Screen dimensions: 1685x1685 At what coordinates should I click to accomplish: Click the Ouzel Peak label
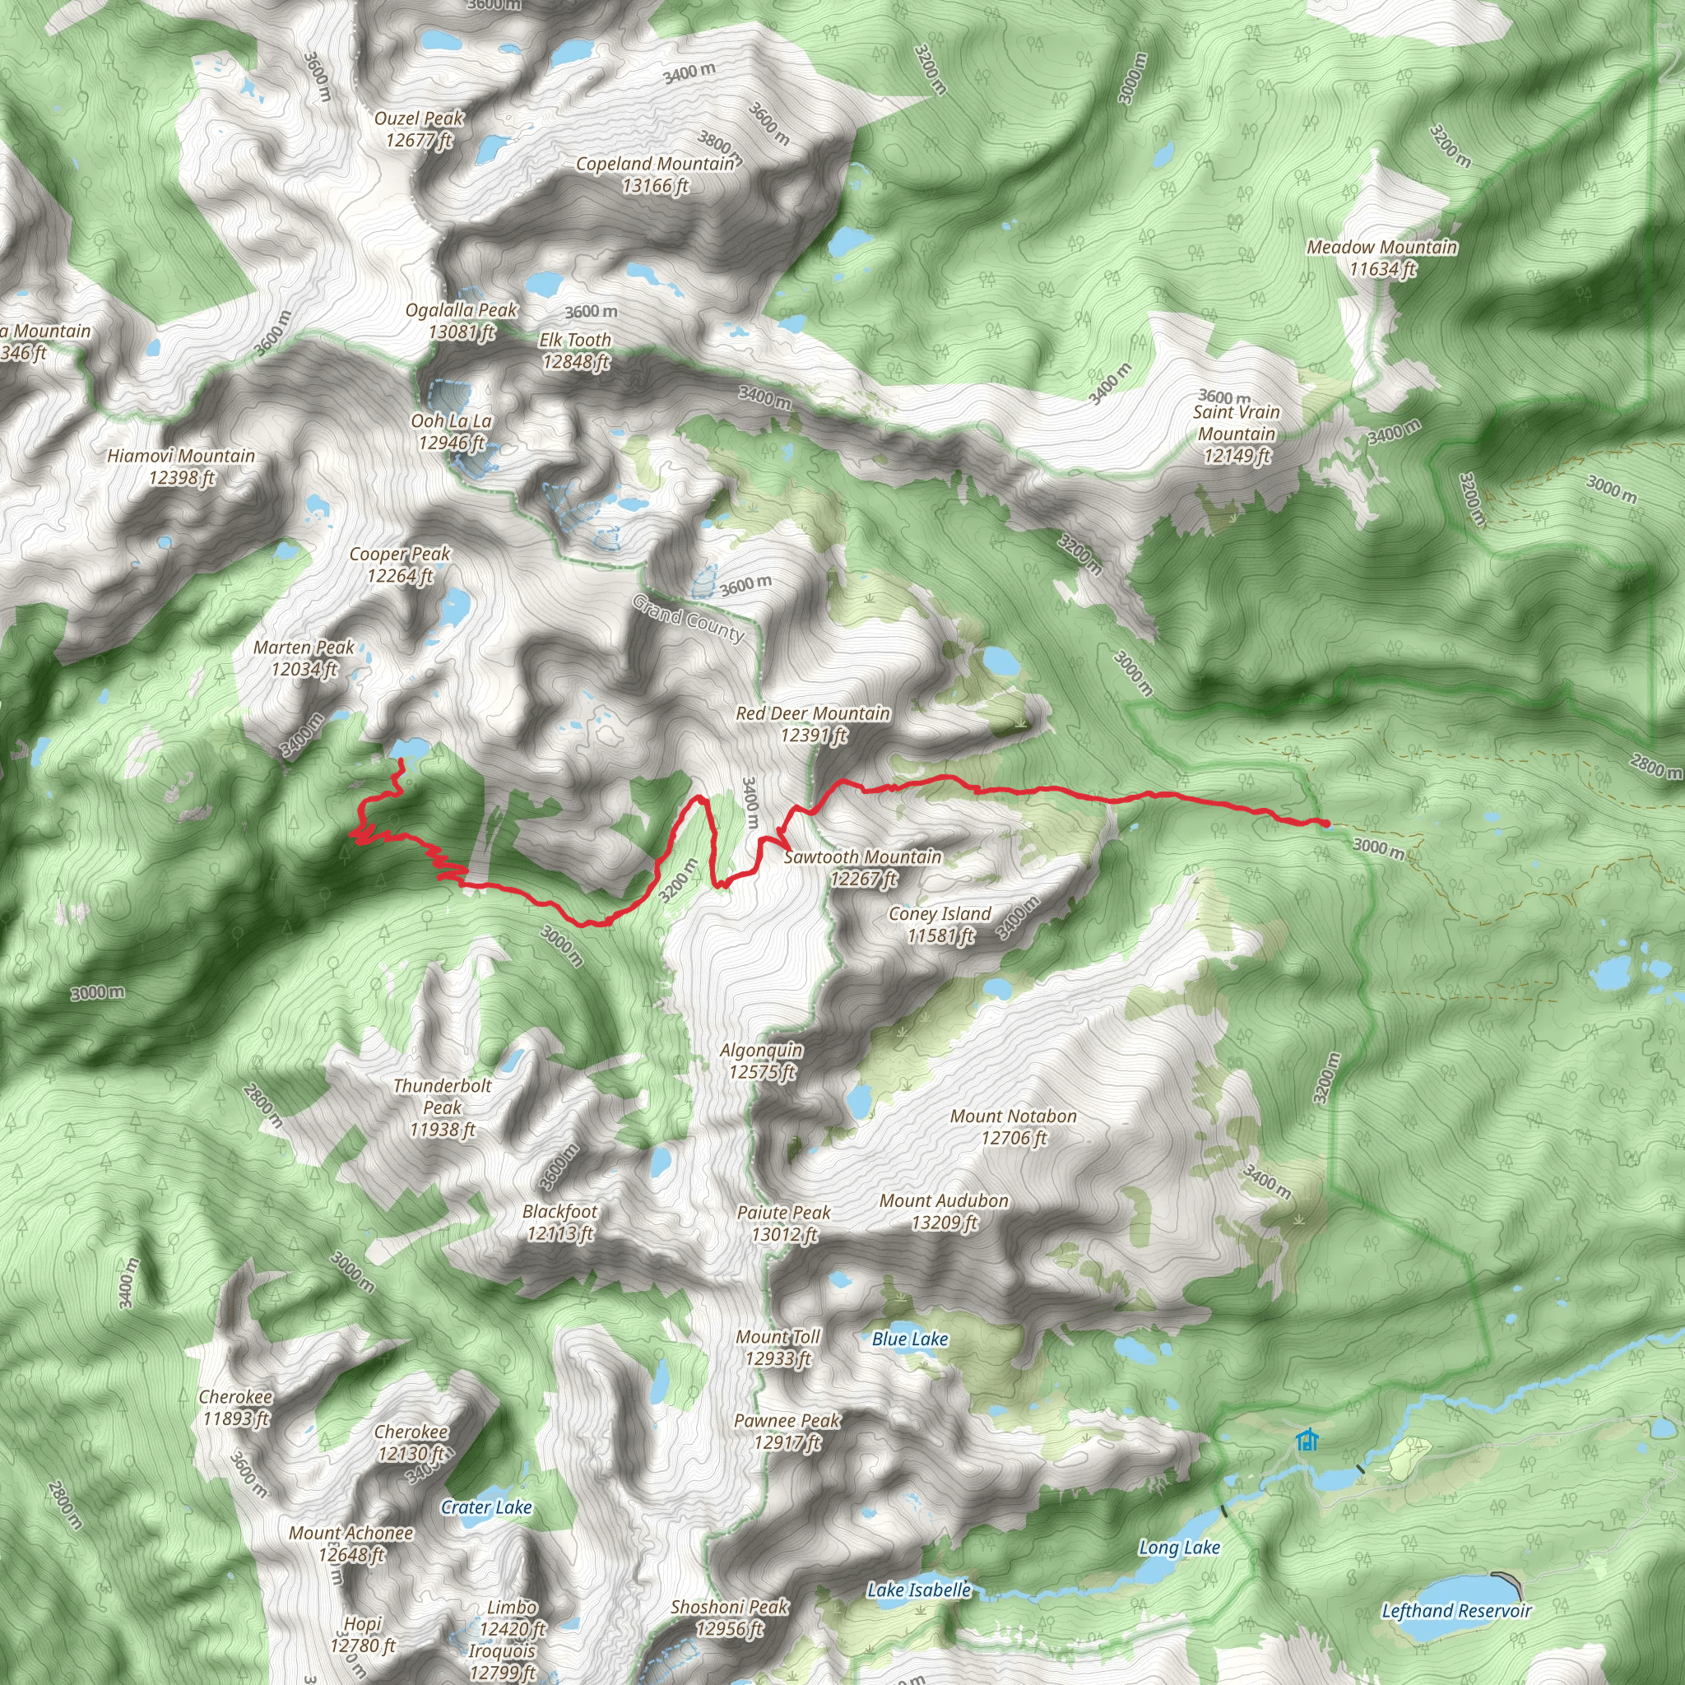(419, 129)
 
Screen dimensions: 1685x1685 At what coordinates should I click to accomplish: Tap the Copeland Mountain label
(655, 174)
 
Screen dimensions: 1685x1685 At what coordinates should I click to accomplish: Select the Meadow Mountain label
(1381, 258)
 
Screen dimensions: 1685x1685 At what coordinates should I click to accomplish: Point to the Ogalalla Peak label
(462, 321)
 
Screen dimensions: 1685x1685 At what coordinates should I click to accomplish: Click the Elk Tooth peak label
(575, 350)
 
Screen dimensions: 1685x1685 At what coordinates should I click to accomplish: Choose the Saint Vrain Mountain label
(1237, 434)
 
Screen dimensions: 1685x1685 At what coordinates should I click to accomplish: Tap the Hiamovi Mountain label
(181, 467)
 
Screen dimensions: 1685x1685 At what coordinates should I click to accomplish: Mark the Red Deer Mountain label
(813, 724)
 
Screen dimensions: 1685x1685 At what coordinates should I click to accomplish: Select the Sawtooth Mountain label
(862, 868)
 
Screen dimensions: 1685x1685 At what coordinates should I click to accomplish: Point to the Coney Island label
(940, 925)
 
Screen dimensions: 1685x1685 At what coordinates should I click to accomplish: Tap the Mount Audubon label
(944, 1211)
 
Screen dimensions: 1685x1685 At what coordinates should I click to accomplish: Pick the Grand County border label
(688, 618)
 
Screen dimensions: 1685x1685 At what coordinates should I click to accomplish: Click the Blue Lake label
(910, 1339)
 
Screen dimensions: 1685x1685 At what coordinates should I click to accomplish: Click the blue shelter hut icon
(1307, 1441)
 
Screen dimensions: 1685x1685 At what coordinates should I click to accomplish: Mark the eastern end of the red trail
(1325, 824)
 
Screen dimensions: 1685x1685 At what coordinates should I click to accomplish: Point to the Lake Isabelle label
(918, 1590)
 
